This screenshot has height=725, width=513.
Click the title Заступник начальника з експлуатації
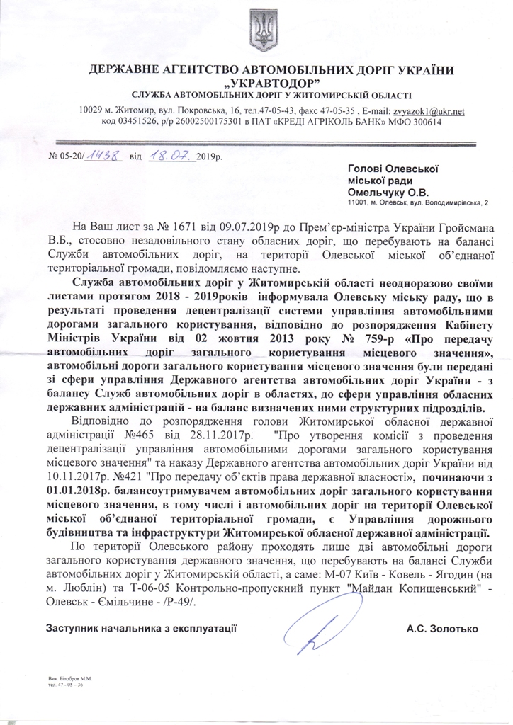(141, 628)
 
